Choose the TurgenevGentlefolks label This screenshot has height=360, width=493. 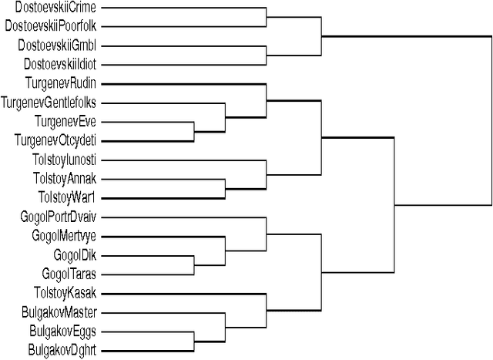pos(50,102)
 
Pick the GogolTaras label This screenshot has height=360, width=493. pos(69,273)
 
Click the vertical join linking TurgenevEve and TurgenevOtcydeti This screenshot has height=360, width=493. pos(193,130)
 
